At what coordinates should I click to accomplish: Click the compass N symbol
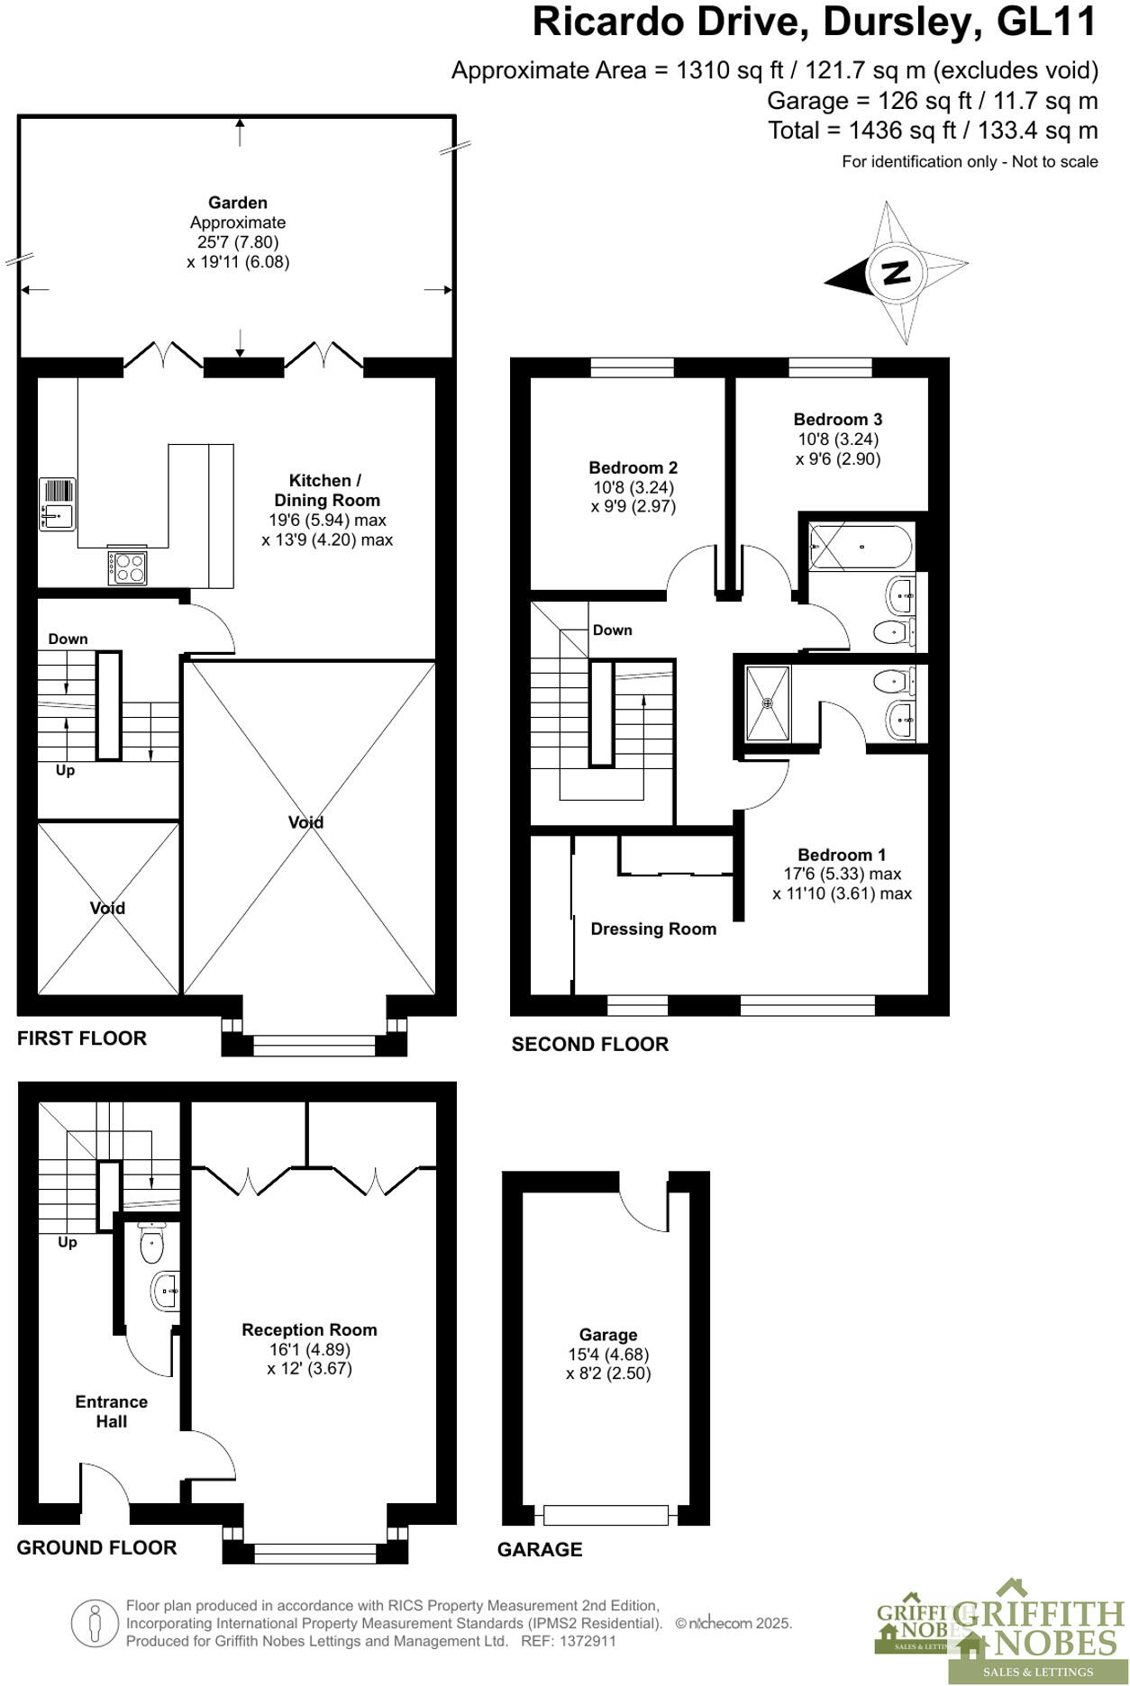896,272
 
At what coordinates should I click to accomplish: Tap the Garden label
238,204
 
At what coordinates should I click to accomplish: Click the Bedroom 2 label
633,467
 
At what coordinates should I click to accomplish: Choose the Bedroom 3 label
837,419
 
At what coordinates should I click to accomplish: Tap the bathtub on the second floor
861,547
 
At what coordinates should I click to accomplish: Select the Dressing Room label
653,929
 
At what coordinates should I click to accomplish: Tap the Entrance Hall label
112,1411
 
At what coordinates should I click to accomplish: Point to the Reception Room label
309,1329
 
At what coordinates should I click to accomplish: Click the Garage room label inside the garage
608,1335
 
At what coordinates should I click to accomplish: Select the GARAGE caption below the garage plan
540,1549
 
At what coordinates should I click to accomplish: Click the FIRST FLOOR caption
82,1038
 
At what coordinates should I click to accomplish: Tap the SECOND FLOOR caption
590,1045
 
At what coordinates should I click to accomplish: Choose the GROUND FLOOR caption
96,1547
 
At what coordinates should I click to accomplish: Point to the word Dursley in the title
902,22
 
